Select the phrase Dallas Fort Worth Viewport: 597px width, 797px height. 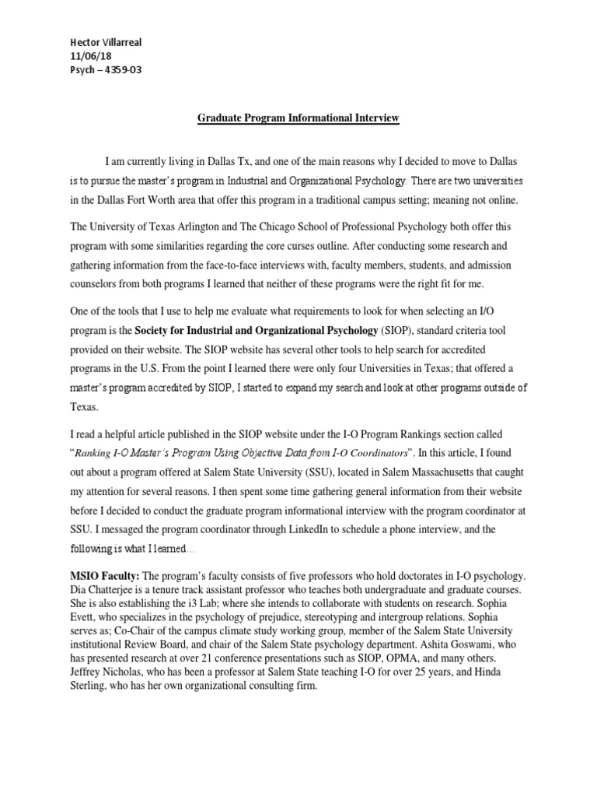126,201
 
